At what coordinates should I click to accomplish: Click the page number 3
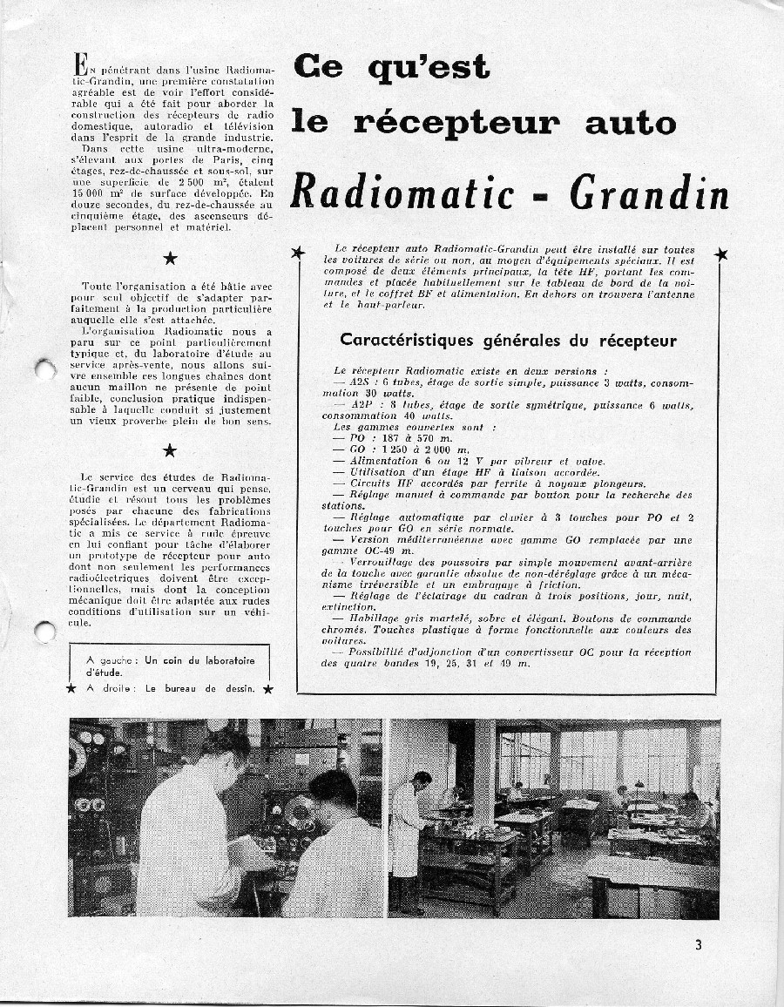[x=699, y=945]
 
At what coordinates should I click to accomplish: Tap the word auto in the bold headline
[x=630, y=123]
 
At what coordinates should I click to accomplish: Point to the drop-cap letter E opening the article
[x=80, y=64]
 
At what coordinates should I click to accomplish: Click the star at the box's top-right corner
[x=721, y=254]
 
